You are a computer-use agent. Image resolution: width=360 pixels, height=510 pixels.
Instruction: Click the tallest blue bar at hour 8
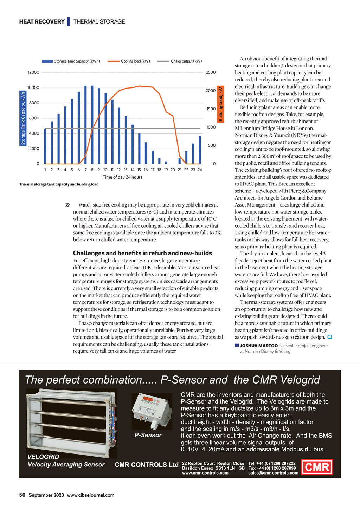point(92,125)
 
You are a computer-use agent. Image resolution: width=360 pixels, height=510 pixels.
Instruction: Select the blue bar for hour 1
point(45,146)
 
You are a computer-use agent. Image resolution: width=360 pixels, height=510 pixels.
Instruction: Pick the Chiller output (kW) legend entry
point(180,61)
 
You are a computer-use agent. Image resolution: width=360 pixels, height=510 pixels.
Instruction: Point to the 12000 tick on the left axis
point(33,72)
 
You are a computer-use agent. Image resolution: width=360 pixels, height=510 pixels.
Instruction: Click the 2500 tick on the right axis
point(211,72)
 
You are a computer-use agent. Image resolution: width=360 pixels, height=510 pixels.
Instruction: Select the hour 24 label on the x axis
point(200,170)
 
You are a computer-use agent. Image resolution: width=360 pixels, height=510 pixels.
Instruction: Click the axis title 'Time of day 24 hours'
point(122,177)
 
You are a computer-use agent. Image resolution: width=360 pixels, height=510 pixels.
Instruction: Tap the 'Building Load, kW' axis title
point(221,104)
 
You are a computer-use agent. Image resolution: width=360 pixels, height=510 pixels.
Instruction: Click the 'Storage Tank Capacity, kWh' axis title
point(23,118)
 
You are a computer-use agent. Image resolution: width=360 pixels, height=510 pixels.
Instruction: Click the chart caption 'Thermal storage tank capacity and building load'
point(59,184)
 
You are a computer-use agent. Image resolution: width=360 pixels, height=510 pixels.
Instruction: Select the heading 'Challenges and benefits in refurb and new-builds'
point(142,253)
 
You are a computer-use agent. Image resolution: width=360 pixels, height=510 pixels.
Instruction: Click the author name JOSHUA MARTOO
point(259,346)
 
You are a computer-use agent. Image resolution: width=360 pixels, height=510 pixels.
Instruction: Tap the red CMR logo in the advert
point(317,467)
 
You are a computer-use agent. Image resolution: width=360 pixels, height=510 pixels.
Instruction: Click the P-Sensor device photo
point(152,411)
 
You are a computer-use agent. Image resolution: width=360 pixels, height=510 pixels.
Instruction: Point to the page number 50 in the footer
point(22,495)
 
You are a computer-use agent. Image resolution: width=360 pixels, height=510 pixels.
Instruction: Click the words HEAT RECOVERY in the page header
point(42,21)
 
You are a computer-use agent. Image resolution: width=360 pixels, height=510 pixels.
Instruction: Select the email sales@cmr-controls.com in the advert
point(273,473)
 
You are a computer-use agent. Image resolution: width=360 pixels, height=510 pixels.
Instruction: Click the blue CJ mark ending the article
point(329,337)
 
